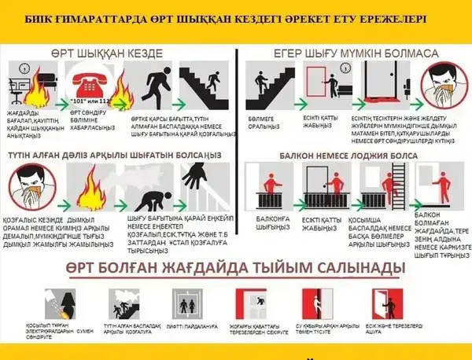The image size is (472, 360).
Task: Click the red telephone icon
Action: (x=90, y=79)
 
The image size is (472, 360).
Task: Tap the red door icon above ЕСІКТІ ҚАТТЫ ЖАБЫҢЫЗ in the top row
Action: (x=318, y=82)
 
